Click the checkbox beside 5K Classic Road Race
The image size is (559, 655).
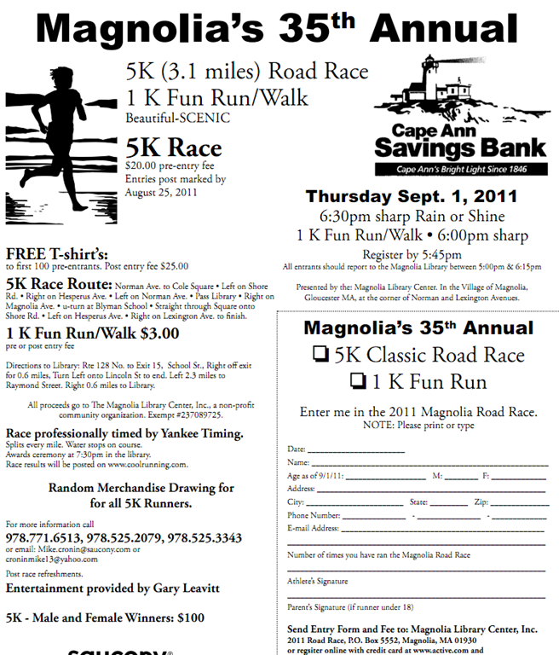[x=320, y=356]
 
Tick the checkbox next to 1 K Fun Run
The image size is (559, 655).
[x=360, y=381]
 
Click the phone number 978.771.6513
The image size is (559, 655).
[x=41, y=538]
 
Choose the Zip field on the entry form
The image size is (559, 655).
[x=520, y=504]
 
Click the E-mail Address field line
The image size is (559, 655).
[x=444, y=529]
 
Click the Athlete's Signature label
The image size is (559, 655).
[x=317, y=581]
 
